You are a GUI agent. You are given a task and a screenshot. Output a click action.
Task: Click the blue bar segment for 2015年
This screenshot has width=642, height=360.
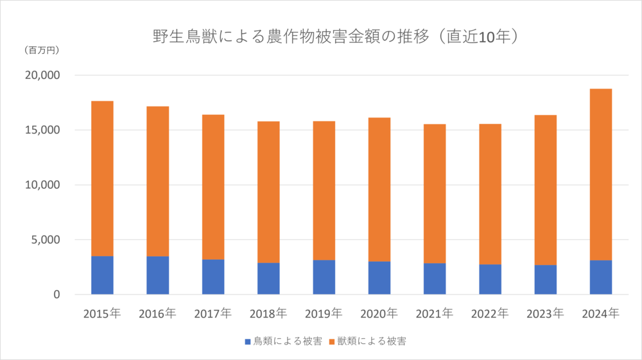pos(102,275)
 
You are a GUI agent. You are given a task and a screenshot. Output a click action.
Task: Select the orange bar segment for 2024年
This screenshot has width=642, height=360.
pos(600,175)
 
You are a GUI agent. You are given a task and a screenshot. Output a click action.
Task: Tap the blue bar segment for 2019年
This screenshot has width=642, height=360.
pos(324,277)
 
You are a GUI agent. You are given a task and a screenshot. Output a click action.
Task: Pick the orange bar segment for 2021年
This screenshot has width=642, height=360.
pos(435,193)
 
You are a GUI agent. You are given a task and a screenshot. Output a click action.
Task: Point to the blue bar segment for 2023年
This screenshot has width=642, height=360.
pos(545,280)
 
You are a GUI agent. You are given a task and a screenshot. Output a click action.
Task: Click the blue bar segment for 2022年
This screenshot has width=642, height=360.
pos(490,279)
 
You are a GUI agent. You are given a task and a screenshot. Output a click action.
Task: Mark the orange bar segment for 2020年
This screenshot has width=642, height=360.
pos(379,189)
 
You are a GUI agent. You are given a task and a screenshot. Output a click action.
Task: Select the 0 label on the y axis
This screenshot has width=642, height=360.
pos(56,295)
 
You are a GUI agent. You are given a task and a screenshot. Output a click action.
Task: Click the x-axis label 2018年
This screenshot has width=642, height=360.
pos(268,314)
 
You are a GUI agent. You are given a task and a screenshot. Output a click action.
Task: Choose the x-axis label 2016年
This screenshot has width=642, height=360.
pos(157,314)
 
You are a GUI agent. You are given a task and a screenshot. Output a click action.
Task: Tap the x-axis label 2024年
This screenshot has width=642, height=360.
pos(600,314)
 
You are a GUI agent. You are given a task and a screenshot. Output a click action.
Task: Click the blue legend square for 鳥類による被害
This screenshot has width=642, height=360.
pos(248,341)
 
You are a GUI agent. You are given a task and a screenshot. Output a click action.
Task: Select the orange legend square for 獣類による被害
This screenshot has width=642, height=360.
pos(332,341)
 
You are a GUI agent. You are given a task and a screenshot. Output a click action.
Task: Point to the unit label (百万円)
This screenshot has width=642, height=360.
pos(40,50)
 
